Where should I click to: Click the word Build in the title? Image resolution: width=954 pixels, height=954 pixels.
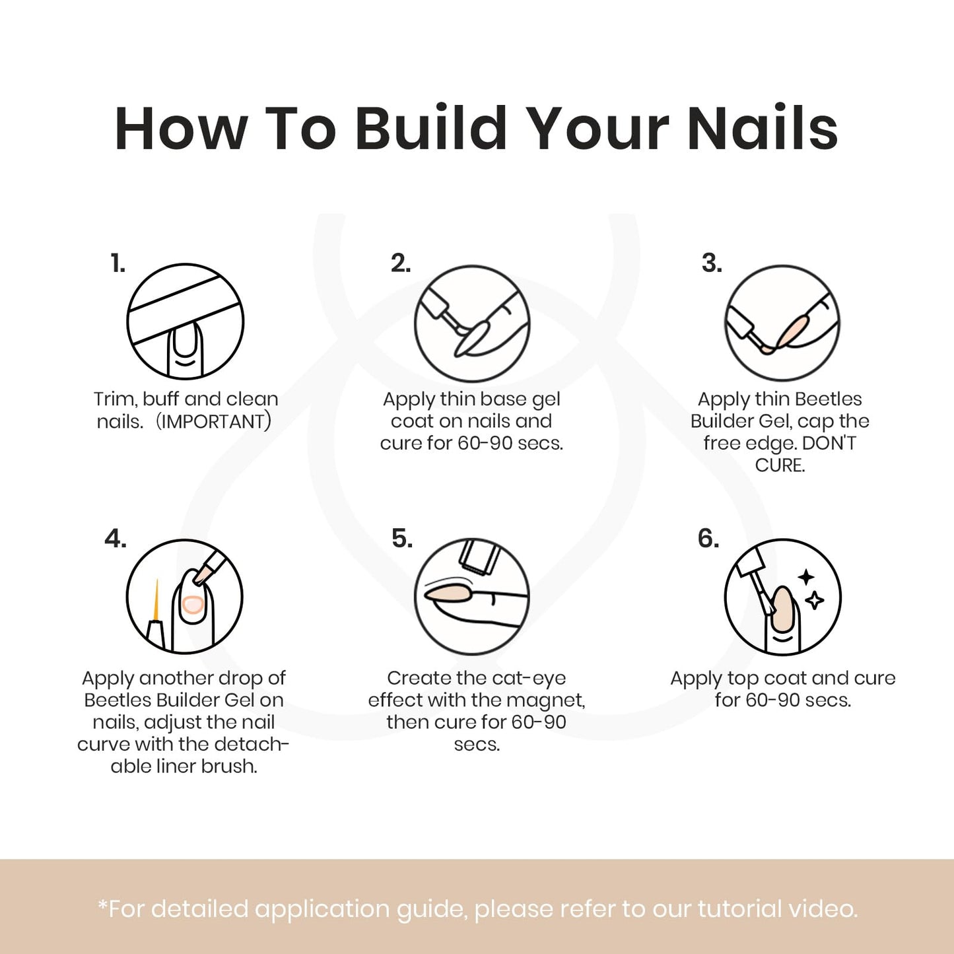tap(430, 127)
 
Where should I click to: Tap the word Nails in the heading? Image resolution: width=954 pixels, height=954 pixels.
tap(763, 127)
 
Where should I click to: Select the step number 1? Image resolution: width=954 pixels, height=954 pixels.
tap(118, 263)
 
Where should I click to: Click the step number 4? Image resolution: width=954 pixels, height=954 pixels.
tap(116, 538)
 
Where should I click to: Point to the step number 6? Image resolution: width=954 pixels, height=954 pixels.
tap(708, 538)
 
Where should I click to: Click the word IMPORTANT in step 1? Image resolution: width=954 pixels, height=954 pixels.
tap(213, 422)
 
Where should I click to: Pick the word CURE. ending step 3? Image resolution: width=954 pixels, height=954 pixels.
tap(780, 465)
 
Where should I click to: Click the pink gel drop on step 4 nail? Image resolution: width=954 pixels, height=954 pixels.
tap(192, 605)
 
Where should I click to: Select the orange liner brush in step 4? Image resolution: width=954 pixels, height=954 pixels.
tap(156, 601)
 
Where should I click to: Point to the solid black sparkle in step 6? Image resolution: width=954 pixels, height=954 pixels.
tap(807, 577)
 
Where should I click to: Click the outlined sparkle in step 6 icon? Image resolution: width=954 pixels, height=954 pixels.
tap(815, 601)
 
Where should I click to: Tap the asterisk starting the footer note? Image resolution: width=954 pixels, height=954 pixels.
tap(103, 906)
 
